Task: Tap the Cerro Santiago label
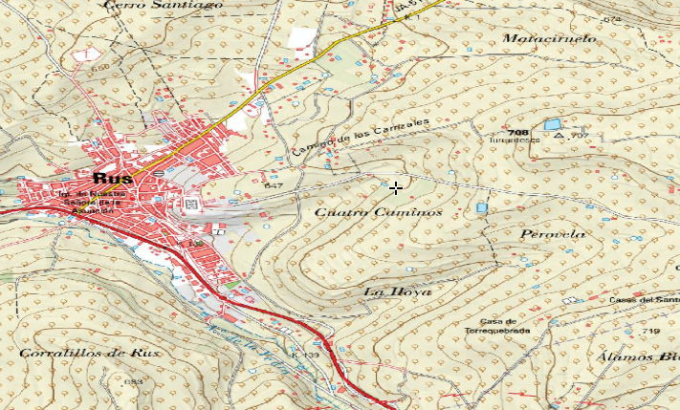(164, 5)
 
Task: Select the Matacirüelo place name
(549, 39)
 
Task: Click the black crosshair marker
(396, 188)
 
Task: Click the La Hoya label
(398, 291)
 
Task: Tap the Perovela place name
(552, 234)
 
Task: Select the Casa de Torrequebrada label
(498, 326)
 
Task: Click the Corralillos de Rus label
(89, 353)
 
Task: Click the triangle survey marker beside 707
(559, 136)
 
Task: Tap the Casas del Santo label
(645, 300)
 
